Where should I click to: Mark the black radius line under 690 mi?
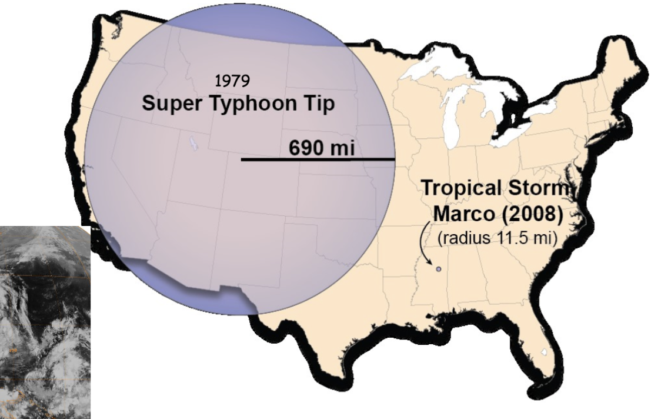(x=318, y=159)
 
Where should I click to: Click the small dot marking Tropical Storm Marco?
(x=438, y=270)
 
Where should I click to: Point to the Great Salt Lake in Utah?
(x=194, y=143)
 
